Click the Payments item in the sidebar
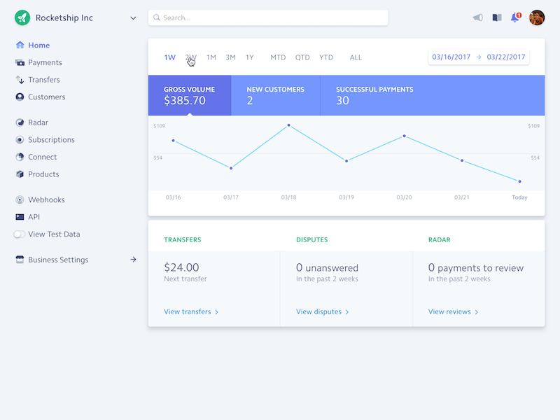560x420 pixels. [x=45, y=62]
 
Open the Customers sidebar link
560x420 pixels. [x=46, y=97]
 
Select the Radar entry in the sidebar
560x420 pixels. [x=38, y=122]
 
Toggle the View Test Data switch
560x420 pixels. [x=20, y=234]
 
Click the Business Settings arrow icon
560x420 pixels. [x=133, y=260]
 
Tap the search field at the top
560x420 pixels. [x=268, y=17]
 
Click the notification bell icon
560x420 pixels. [x=515, y=17]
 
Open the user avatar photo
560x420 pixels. [x=537, y=17]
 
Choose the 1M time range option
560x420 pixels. [x=211, y=57]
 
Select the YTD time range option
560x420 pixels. [x=326, y=57]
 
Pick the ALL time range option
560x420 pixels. [x=356, y=57]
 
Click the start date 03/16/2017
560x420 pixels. [x=451, y=57]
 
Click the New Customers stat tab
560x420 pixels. [x=275, y=95]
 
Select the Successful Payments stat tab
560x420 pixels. [x=374, y=95]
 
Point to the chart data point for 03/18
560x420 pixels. [x=288, y=125]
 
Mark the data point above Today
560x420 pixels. [x=519, y=181]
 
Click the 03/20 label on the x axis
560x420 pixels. [x=404, y=197]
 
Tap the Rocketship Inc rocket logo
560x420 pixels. [x=22, y=17]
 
